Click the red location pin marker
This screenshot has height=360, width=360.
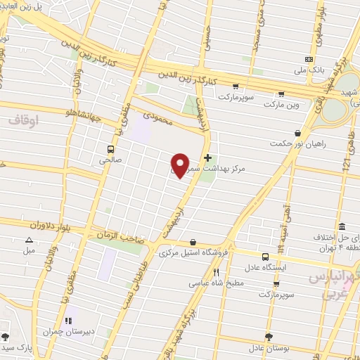coord(181,165)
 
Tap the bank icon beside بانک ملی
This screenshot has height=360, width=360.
coord(309,59)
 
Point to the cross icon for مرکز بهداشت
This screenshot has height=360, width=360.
coord(207,158)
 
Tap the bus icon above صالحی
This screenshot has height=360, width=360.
coord(110,148)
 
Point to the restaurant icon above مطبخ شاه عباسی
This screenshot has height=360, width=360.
coord(217,273)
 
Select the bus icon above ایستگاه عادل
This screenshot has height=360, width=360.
coord(265,257)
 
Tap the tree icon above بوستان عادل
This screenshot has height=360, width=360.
coord(268,336)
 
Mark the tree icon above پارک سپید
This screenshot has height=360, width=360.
coord(6,337)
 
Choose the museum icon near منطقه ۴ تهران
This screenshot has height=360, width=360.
coord(342,227)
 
